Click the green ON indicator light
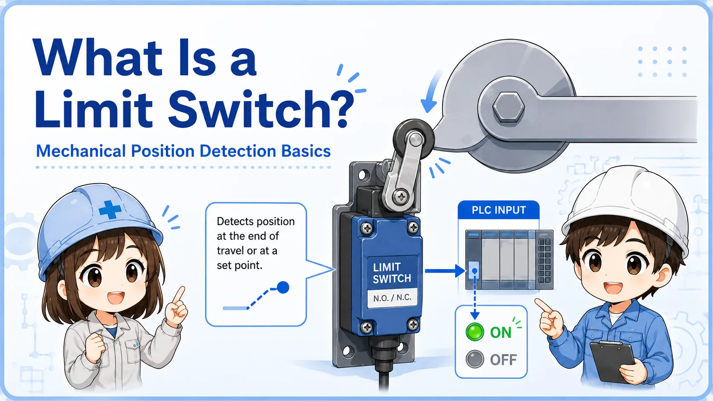pos(475,332)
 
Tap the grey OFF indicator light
pos(475,359)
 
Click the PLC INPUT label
pos(499,210)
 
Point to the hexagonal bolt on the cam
pos(508,107)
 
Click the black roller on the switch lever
pos(414,140)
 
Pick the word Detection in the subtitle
pos(238,151)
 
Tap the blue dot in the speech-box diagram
pos(283,288)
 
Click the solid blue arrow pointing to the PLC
pos(445,271)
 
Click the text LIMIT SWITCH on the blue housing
pos(392,273)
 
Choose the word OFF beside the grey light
pos(503,360)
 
